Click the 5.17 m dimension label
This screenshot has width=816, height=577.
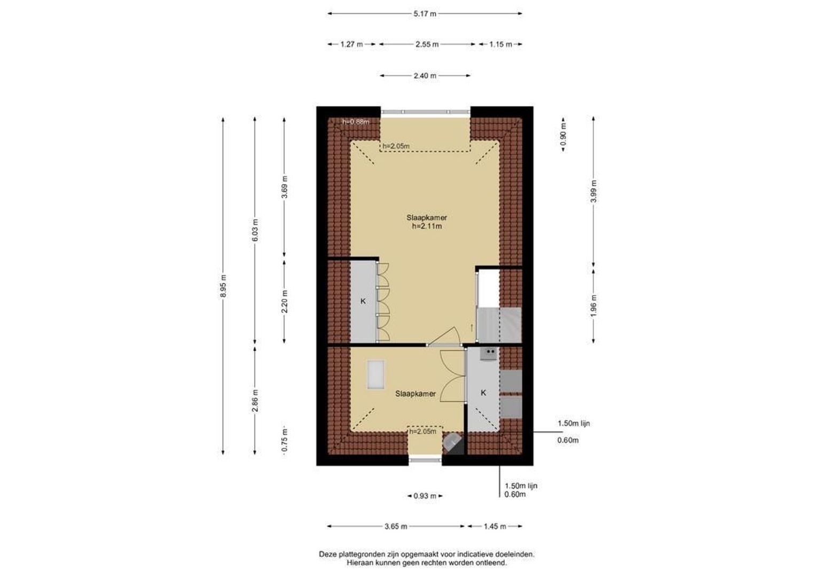(425, 14)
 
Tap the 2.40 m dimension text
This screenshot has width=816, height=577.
(425, 76)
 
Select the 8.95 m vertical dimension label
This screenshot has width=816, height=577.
(223, 286)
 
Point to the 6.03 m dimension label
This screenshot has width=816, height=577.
(255, 230)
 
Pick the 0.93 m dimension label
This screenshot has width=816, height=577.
(425, 496)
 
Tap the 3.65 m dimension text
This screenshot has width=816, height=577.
(396, 526)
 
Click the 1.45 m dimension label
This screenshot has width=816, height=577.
(495, 526)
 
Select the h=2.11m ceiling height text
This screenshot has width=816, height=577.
(427, 227)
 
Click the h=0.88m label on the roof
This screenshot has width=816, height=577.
(356, 122)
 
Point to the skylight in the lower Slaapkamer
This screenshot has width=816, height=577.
(375, 375)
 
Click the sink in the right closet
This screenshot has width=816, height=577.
(489, 354)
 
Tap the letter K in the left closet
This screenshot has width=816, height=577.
(363, 301)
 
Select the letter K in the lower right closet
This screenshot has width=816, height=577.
(483, 393)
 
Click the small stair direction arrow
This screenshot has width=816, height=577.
(472, 328)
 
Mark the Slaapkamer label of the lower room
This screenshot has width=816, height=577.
(415, 394)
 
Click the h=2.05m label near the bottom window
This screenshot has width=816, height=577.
(422, 432)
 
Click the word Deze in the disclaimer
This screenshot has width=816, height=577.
(328, 554)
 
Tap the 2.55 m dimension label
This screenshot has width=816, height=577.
(427, 44)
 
